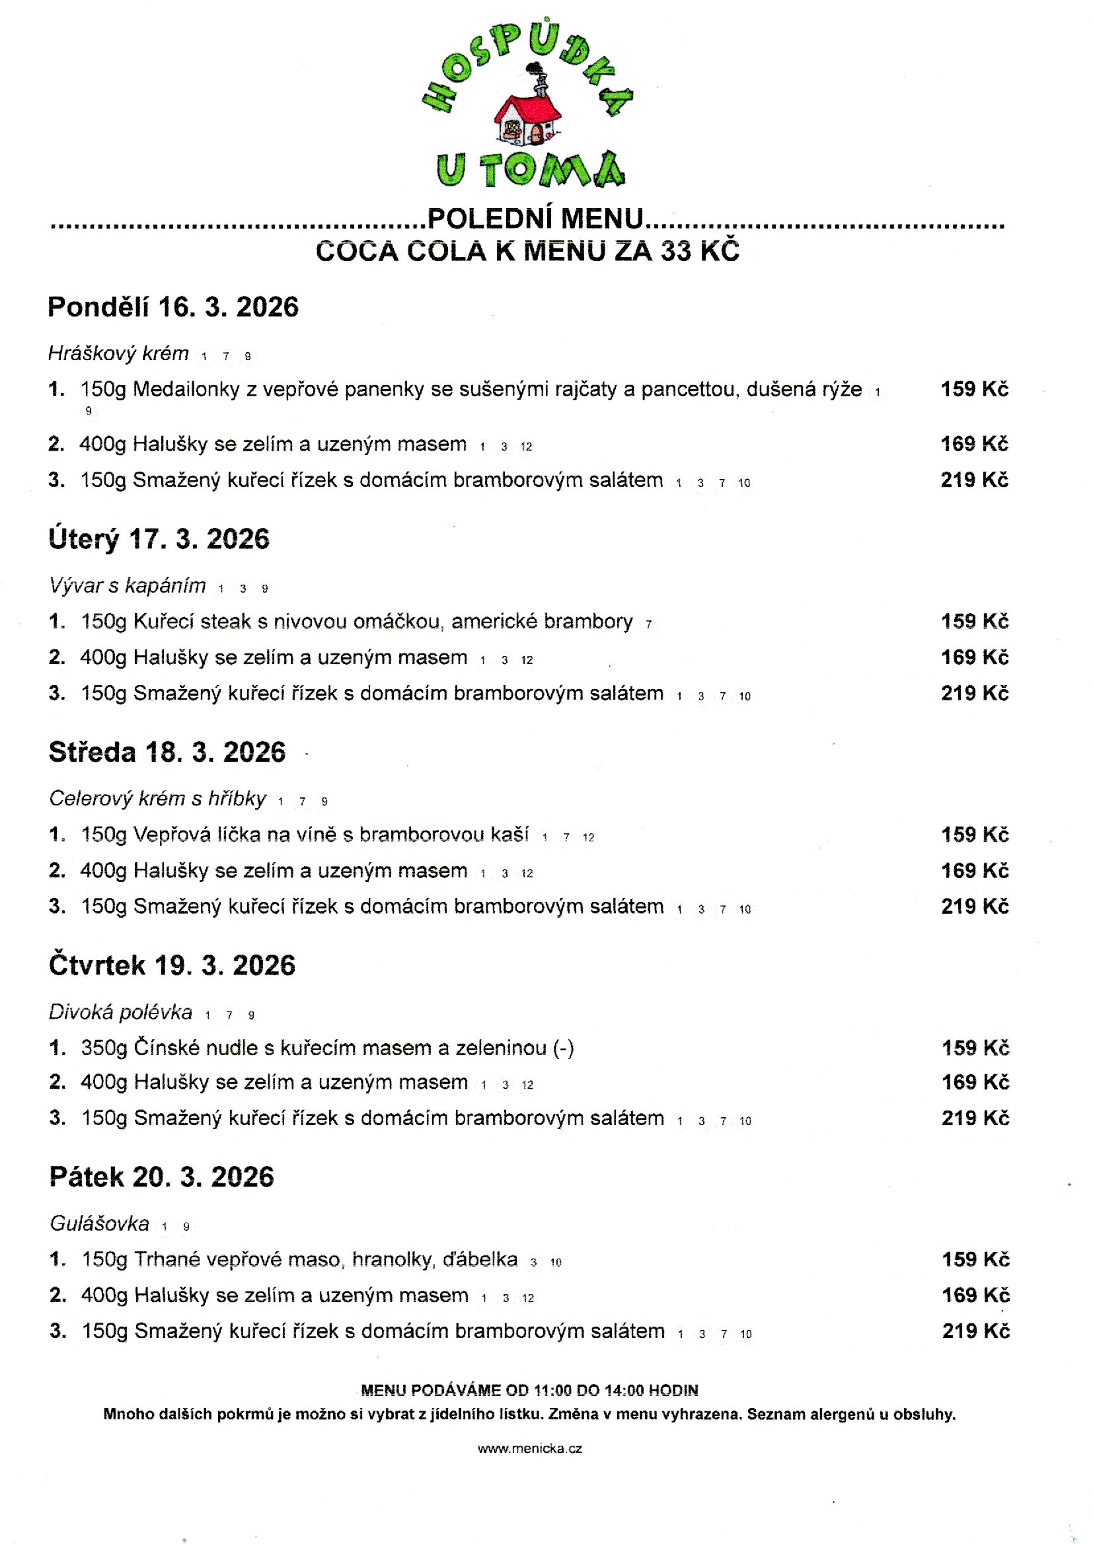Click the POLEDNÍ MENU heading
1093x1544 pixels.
535,219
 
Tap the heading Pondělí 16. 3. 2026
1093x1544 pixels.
173,307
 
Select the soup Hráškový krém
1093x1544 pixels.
118,353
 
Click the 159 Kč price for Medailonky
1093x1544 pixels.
974,389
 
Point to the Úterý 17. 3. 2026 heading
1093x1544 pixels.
159,540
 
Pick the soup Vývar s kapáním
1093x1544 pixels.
127,586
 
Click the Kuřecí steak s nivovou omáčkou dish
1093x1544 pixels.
357,622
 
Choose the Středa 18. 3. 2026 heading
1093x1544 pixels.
167,752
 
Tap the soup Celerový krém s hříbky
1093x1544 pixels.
157,799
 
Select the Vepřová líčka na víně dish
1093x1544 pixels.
305,835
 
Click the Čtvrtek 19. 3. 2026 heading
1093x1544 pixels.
172,965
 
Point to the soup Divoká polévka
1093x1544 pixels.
120,1012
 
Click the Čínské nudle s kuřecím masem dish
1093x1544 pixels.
328,1047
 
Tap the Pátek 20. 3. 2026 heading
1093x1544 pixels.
161,1177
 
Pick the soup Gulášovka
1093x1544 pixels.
100,1223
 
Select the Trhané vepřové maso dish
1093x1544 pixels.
300,1259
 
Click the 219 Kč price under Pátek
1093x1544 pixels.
976,1331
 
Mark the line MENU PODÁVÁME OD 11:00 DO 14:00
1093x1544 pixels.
530,1390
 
